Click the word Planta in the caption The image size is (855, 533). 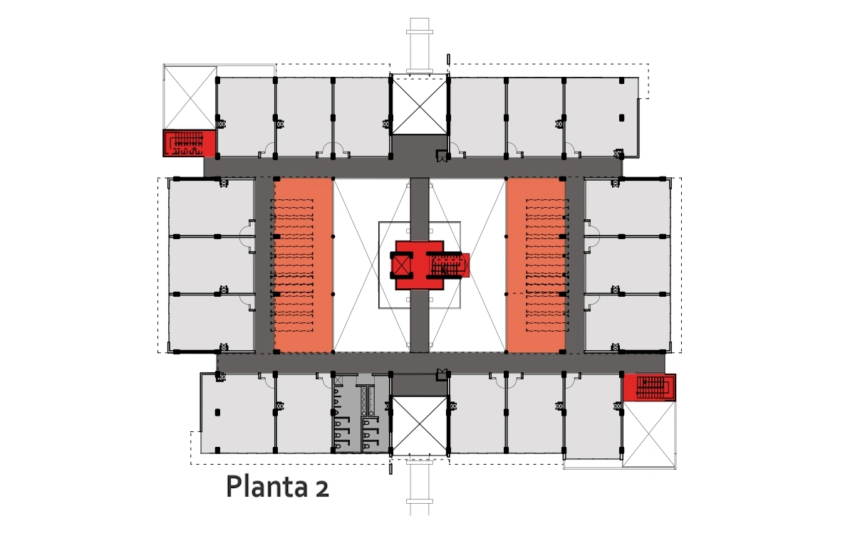point(266,487)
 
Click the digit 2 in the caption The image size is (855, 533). point(322,489)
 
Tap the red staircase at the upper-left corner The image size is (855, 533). point(190,143)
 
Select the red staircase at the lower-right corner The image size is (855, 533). point(649,387)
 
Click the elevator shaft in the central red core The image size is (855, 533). point(400,265)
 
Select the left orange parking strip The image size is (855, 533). point(303,265)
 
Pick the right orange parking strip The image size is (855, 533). point(536,265)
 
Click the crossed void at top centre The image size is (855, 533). point(420,105)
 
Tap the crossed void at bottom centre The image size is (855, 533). point(420,426)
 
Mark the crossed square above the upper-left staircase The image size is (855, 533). point(190,97)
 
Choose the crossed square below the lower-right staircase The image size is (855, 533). point(649,434)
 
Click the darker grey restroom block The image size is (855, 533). point(361,413)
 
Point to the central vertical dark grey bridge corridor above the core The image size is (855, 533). point(420,209)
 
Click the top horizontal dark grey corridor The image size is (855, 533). point(413,167)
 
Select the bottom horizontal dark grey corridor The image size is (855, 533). point(441,363)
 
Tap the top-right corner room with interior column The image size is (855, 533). point(601,117)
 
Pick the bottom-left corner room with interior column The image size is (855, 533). point(237,413)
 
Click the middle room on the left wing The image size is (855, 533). point(212,265)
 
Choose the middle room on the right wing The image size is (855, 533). point(628,265)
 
